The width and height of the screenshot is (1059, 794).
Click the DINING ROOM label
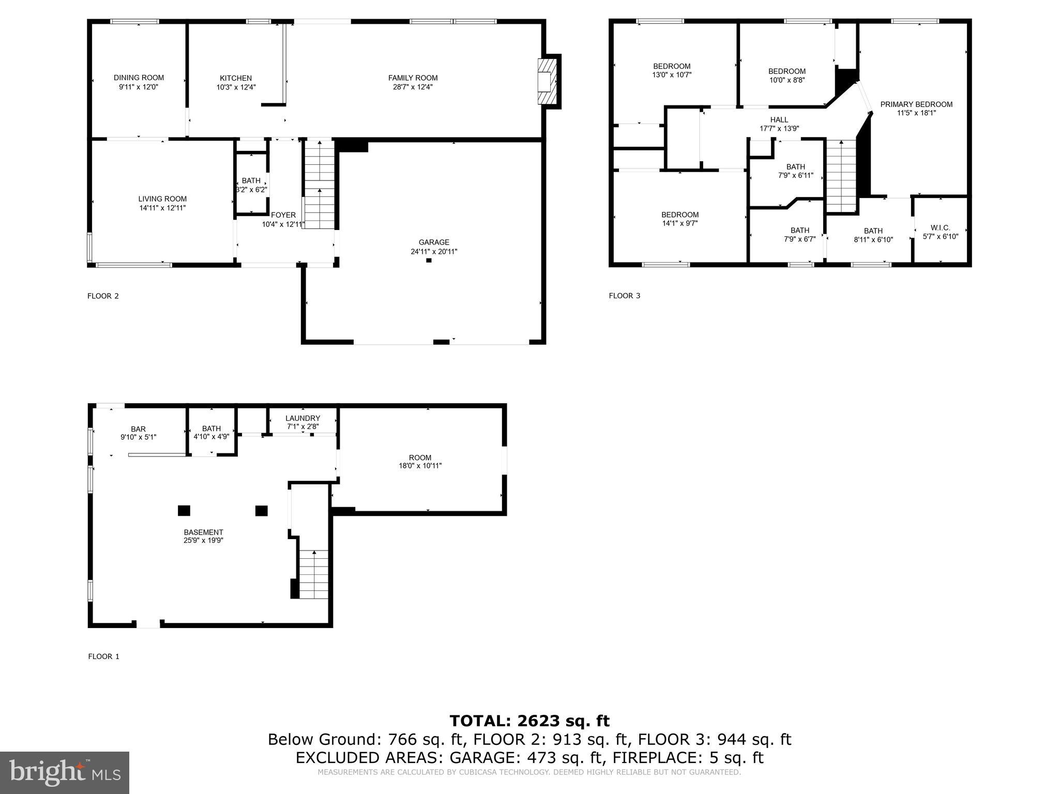coord(139,78)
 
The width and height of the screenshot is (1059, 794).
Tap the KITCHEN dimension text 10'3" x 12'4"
coord(236,87)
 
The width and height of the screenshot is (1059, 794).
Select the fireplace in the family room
coord(546,82)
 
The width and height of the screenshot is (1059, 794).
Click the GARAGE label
coord(434,242)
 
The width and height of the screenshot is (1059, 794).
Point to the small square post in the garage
coord(429,261)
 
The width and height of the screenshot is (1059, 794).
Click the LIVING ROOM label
coord(162,199)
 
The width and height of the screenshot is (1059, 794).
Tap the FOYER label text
coord(283,215)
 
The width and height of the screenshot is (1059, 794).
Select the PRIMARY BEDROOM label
coord(916,104)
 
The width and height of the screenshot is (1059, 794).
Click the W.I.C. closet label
coord(940,228)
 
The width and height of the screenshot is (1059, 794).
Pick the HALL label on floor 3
coord(779,120)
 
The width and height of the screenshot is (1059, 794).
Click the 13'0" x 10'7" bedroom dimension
coord(672,75)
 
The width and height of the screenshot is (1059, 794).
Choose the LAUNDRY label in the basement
coord(302,418)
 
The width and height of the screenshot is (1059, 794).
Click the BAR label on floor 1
coord(138,429)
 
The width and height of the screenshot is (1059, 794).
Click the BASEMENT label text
coord(203,532)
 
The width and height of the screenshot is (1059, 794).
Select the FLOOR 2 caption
coord(103,296)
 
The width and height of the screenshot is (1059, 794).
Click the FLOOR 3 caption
coord(624,296)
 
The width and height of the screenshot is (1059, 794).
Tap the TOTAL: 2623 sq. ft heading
coord(529,721)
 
